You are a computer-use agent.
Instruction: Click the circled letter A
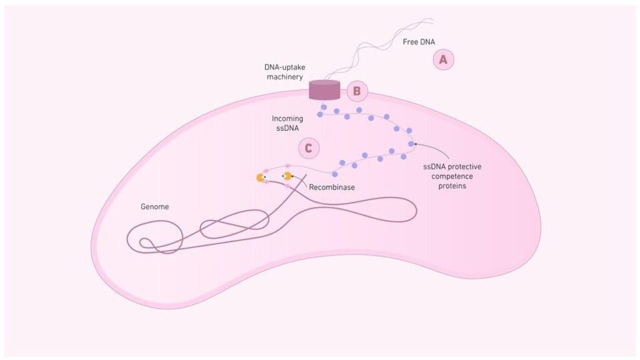443,59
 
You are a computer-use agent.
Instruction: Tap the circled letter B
357,91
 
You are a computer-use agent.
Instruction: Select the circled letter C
308,148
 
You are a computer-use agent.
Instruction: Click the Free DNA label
419,42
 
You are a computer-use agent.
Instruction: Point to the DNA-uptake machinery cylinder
324,90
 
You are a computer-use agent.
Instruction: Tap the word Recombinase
332,186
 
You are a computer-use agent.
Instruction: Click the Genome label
154,206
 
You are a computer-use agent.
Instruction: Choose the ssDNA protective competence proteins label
451,177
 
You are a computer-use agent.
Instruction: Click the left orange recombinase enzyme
261,178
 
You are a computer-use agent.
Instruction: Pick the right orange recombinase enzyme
287,177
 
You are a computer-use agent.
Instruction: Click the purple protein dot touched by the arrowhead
411,144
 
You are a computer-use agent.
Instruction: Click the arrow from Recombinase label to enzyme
299,181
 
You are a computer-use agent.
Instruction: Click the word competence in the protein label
451,177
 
